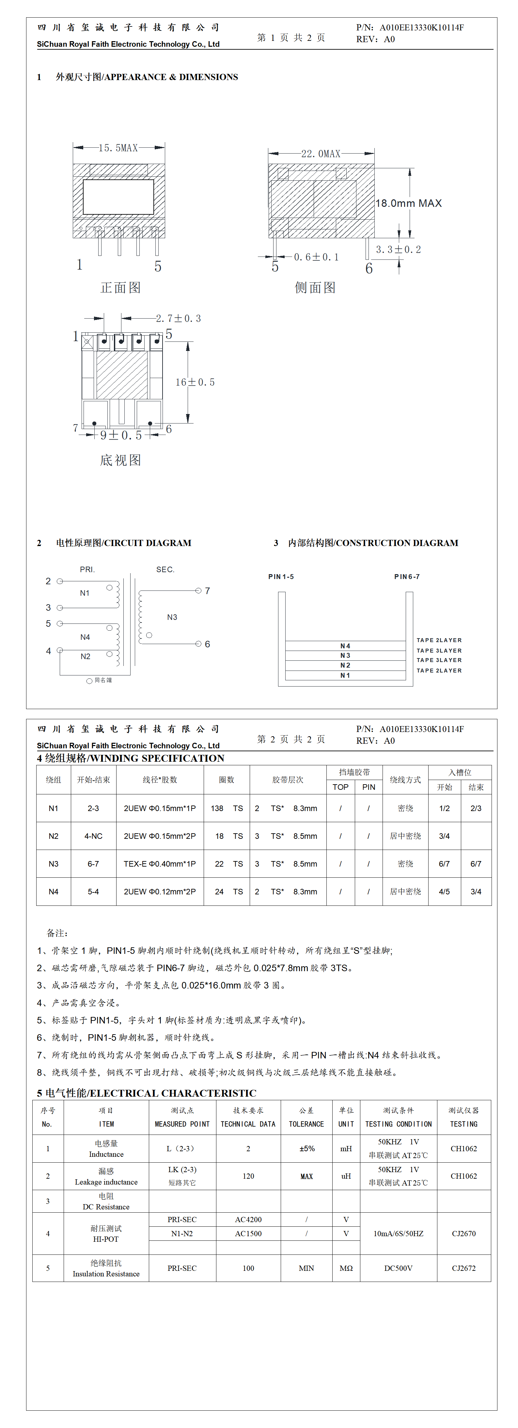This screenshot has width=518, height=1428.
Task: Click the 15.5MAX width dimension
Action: click(x=118, y=148)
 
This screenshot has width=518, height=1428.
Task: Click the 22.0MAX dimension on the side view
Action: click(x=321, y=154)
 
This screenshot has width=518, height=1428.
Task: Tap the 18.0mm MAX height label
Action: click(x=408, y=204)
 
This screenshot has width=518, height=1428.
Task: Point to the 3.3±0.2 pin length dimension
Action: click(x=398, y=249)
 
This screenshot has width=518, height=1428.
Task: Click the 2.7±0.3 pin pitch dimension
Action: click(x=179, y=319)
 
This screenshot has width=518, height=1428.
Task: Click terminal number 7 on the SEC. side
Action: click(x=207, y=591)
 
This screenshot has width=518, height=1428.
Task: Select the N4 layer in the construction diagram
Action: click(x=345, y=646)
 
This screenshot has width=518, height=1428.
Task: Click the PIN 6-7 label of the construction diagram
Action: click(x=407, y=576)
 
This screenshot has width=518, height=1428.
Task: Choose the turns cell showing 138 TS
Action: click(x=227, y=808)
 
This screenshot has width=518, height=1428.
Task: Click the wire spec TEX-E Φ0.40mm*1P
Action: click(x=160, y=864)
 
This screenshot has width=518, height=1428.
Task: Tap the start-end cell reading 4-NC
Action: click(x=93, y=836)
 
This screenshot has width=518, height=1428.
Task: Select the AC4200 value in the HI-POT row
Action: click(x=248, y=1220)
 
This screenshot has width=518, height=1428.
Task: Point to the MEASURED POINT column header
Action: click(x=182, y=1124)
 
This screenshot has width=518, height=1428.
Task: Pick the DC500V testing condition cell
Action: click(x=398, y=1268)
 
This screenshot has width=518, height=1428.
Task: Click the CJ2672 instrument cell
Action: click(x=464, y=1268)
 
